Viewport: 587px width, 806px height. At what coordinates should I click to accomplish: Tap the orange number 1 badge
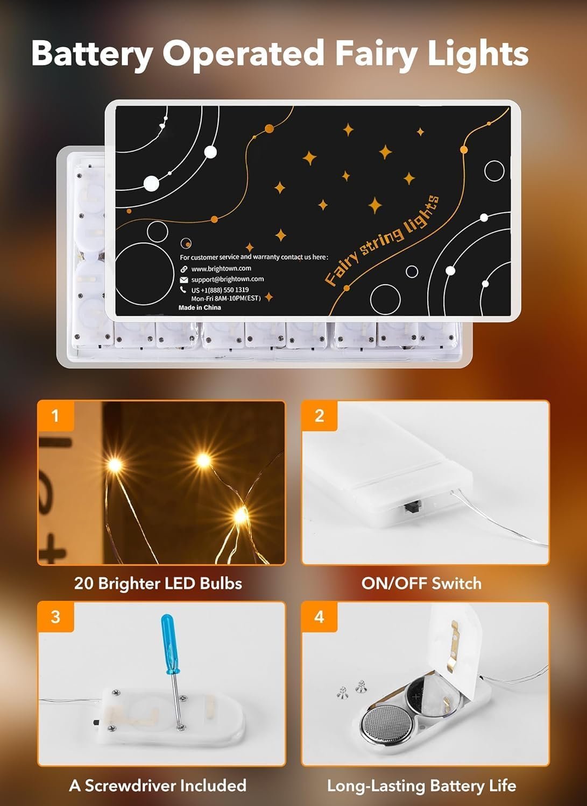(x=55, y=415)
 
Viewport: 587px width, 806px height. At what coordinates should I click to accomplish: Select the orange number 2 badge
(x=319, y=415)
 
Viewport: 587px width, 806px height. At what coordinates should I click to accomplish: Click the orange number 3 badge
(x=55, y=616)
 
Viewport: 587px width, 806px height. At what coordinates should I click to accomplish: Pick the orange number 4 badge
(x=319, y=616)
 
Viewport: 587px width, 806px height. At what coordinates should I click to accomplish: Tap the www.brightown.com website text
(x=221, y=269)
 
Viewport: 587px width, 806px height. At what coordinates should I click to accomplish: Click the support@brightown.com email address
(x=227, y=279)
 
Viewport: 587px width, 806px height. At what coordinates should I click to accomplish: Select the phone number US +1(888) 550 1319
(x=220, y=290)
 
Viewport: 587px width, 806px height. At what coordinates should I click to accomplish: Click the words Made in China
(x=200, y=307)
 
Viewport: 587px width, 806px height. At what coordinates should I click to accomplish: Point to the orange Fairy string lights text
(x=383, y=240)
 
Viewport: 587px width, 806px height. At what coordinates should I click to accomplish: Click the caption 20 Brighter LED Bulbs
(x=158, y=584)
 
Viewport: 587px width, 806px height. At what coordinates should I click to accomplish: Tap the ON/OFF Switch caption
(x=421, y=584)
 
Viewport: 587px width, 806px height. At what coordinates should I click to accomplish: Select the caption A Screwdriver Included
(x=158, y=786)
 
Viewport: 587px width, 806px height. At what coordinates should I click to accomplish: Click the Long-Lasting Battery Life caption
(x=421, y=786)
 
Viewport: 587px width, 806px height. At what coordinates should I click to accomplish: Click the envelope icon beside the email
(x=184, y=279)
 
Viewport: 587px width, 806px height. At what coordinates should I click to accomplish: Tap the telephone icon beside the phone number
(x=184, y=290)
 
